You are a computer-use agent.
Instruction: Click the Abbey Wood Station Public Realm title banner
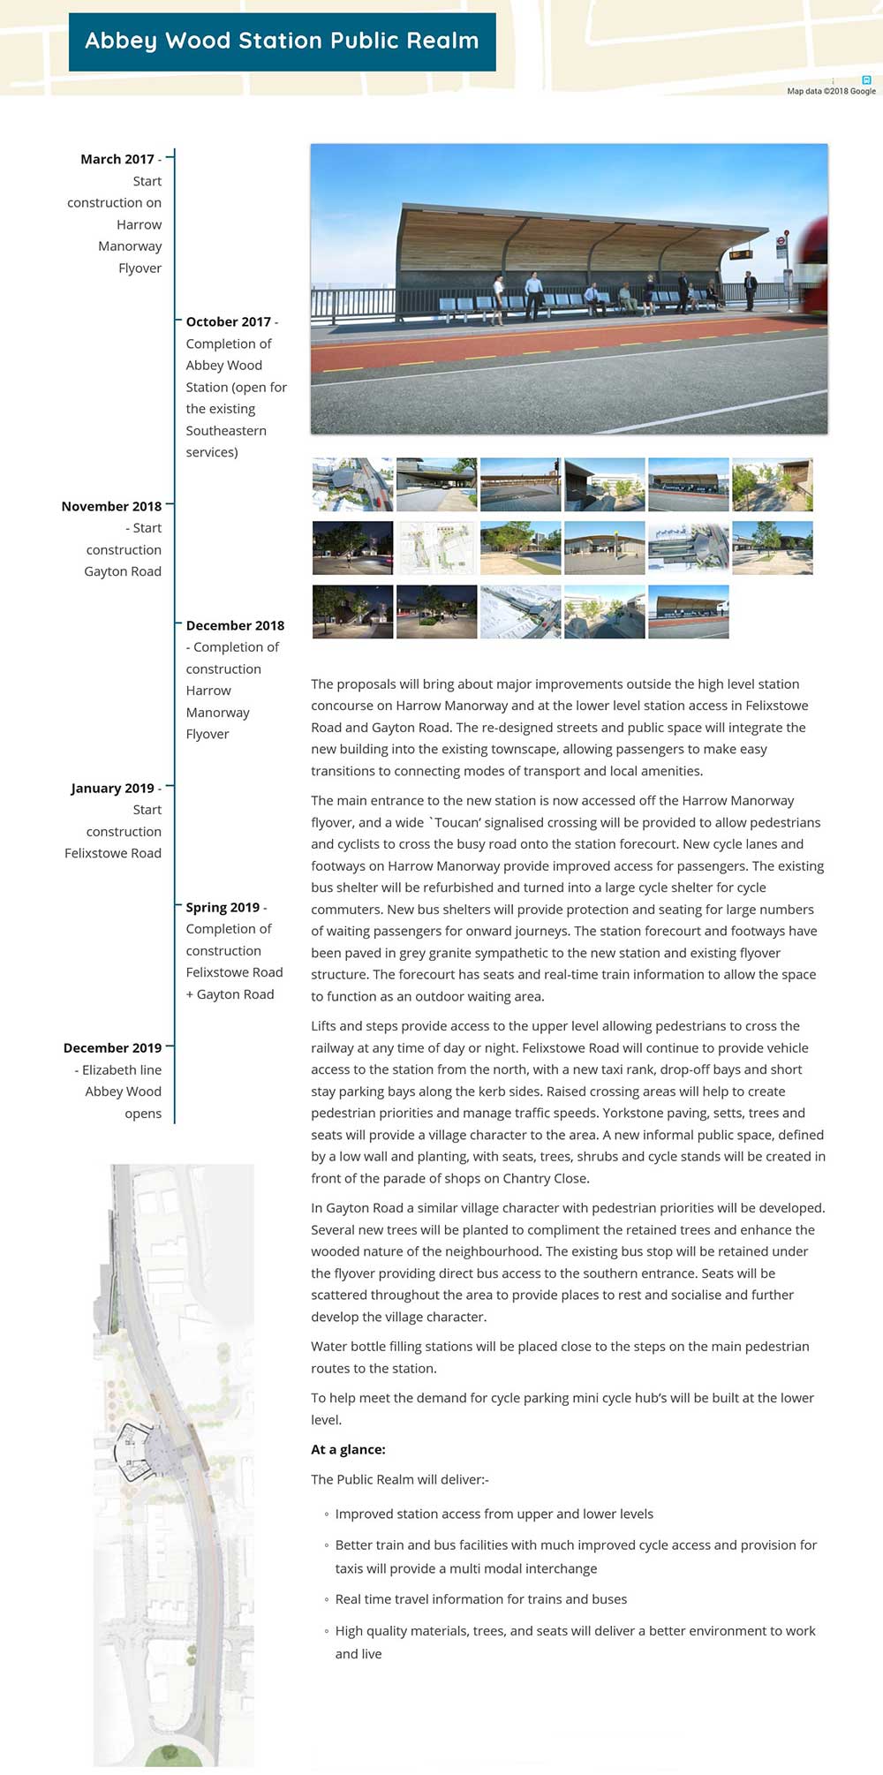[x=282, y=42]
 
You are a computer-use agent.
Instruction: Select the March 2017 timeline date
[x=117, y=159]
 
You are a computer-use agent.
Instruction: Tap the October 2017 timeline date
[x=228, y=321]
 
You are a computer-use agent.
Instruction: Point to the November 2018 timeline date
[x=111, y=506]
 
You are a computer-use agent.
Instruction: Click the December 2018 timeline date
[x=235, y=625]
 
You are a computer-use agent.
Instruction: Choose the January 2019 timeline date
[x=112, y=788]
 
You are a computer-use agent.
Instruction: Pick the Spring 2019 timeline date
[x=223, y=907]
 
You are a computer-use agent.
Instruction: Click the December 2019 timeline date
[x=112, y=1047]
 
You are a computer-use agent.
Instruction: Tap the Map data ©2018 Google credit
[x=831, y=91]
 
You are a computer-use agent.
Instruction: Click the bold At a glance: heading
[x=348, y=1449]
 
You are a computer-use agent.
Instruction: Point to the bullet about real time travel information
[x=480, y=1599]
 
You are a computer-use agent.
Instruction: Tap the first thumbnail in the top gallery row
[x=352, y=484]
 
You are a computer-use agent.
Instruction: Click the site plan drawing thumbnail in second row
[x=436, y=548]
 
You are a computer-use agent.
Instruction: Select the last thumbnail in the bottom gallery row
[x=688, y=611]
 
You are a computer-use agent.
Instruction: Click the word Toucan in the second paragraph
[x=457, y=822]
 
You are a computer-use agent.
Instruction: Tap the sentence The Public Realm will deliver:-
[x=399, y=1479]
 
